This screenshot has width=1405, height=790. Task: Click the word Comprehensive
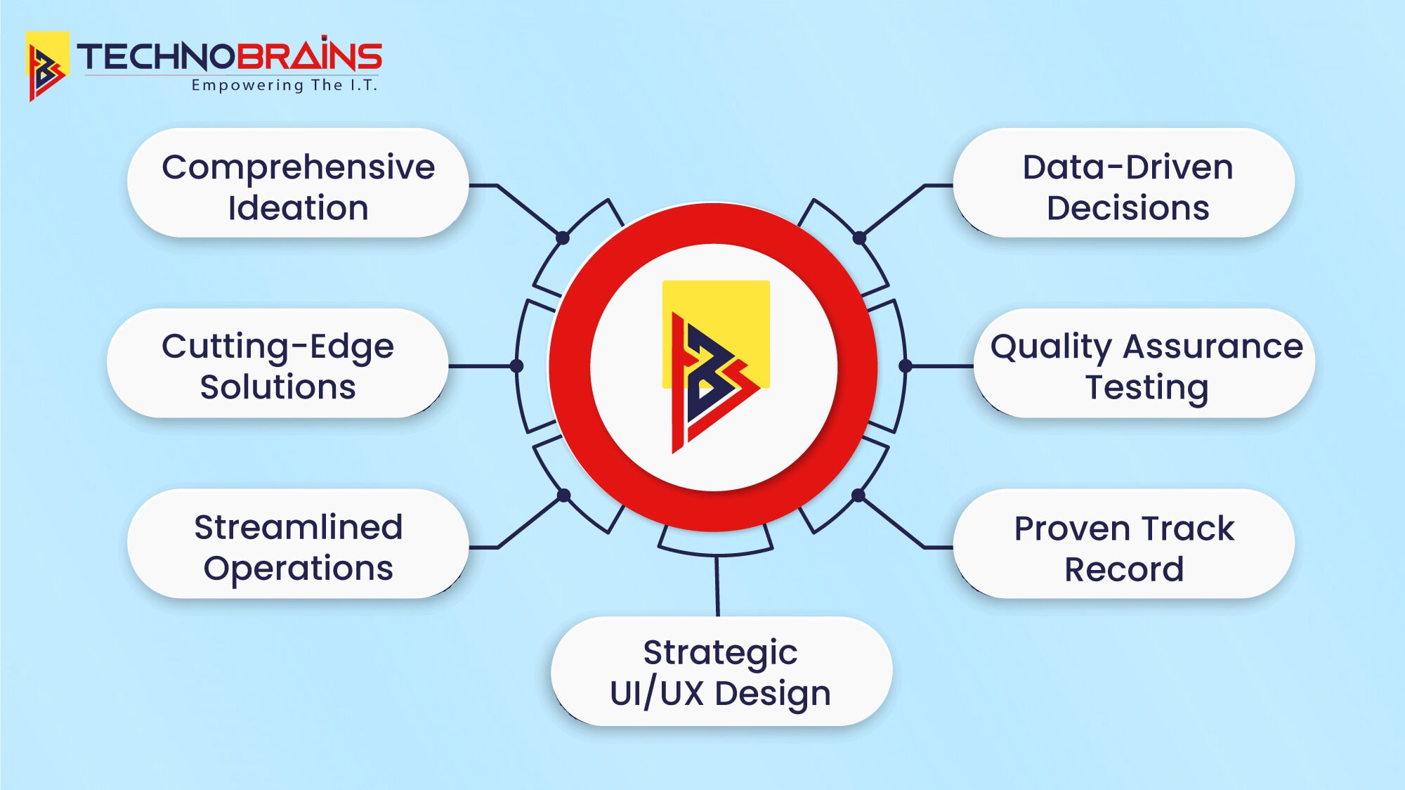pos(298,168)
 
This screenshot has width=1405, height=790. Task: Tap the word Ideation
pos(298,208)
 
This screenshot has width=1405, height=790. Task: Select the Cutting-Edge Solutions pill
pos(277,364)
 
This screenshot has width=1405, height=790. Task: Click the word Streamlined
pos(298,527)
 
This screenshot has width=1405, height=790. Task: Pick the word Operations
pos(298,568)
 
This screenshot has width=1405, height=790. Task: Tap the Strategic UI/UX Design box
pos(721,672)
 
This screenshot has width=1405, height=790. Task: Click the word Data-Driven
pos(1128,168)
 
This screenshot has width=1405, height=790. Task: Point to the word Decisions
pos(1128,208)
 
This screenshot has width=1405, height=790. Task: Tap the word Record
pos(1124,569)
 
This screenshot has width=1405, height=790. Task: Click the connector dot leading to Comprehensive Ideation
pos(563,238)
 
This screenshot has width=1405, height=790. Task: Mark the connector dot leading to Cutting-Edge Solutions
pos(517,365)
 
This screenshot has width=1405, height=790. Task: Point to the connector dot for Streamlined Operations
pos(563,496)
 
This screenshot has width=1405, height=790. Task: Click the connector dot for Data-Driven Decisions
pos(859,238)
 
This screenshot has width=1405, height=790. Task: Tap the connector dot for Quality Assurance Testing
pos(906,365)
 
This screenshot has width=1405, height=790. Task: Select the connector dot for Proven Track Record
pos(858,496)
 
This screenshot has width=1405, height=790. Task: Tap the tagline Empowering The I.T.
pos(285,86)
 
